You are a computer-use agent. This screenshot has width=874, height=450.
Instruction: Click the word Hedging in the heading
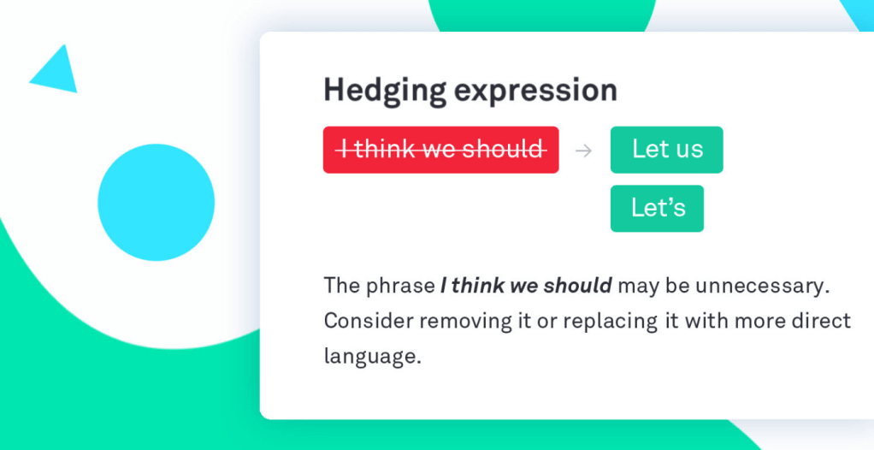click(x=385, y=91)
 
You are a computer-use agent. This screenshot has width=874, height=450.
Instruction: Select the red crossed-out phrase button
click(x=441, y=150)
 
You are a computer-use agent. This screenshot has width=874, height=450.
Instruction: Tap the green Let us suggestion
click(x=667, y=150)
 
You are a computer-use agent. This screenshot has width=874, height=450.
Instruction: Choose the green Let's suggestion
click(x=657, y=209)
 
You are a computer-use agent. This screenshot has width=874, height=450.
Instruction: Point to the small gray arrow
click(x=583, y=151)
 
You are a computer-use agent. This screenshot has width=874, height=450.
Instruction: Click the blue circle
click(x=156, y=203)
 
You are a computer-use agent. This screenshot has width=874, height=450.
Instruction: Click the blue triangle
click(x=55, y=69)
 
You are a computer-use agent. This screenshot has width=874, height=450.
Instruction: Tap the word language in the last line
click(x=372, y=357)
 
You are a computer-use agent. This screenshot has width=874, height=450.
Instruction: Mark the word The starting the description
click(x=342, y=286)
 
